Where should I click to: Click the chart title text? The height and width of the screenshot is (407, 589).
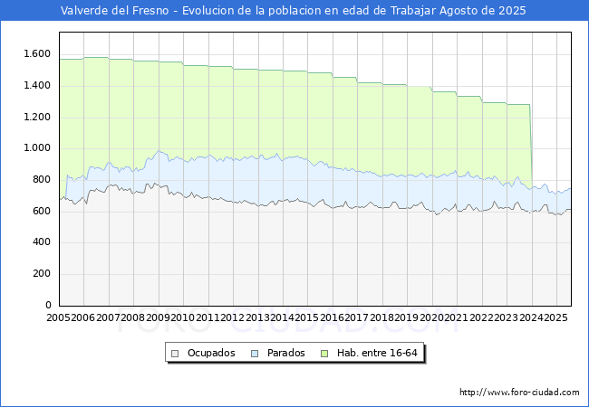click(x=294, y=11)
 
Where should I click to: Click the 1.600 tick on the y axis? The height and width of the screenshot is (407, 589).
click(x=37, y=54)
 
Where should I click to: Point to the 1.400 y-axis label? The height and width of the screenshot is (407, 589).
click(x=37, y=86)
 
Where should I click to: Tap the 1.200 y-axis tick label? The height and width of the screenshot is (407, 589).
click(x=37, y=118)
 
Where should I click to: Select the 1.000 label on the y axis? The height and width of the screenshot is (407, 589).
click(x=37, y=148)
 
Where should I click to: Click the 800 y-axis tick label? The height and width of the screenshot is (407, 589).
click(x=42, y=180)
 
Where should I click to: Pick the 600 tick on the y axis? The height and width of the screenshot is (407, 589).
click(x=42, y=212)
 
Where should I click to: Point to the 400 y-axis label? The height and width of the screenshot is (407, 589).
click(x=42, y=242)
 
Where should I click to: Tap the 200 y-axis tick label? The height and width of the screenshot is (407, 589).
click(x=42, y=274)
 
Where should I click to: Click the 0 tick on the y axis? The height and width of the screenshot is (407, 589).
click(x=48, y=306)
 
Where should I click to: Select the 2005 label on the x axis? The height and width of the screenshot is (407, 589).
click(x=59, y=318)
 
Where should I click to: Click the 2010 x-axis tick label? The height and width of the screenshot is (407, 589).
click(x=183, y=318)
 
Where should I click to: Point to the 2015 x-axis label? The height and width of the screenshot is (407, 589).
click(x=307, y=318)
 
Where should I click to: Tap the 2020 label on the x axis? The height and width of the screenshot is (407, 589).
click(x=431, y=318)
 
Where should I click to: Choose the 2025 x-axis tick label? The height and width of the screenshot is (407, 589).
click(x=555, y=318)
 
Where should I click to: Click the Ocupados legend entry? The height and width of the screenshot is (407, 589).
click(x=211, y=353)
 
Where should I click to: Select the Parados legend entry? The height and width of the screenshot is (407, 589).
click(x=285, y=353)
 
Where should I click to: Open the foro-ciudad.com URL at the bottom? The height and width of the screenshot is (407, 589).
click(x=519, y=393)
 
